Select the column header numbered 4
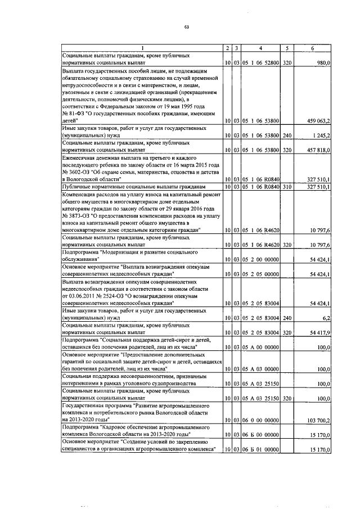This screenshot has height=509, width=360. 261,49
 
